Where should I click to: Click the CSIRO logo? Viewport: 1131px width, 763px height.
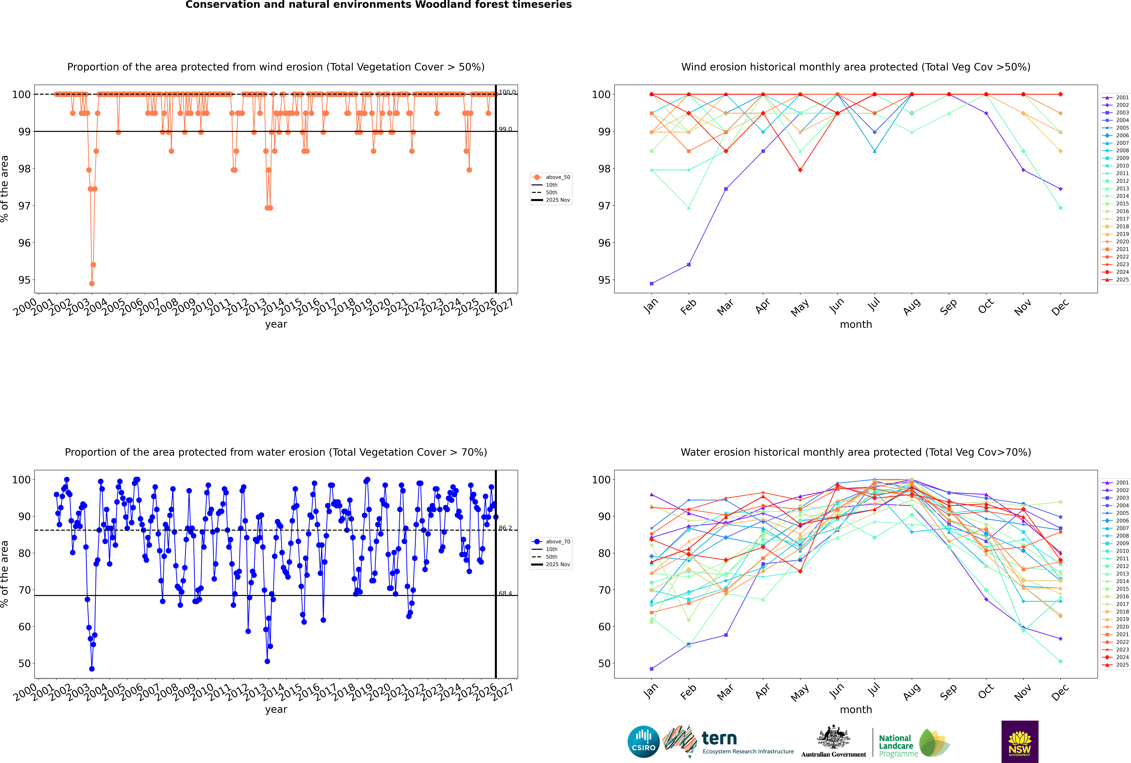coord(643,742)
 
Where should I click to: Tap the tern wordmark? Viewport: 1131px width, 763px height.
coord(719,739)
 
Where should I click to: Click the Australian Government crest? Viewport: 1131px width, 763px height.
coord(833,738)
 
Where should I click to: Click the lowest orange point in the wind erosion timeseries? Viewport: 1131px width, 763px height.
coord(92,284)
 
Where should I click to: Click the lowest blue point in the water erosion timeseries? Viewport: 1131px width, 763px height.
coord(92,669)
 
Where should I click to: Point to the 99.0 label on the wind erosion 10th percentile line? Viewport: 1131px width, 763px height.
coord(505,129)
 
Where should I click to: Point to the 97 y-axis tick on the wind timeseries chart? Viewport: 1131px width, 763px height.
coord(24,206)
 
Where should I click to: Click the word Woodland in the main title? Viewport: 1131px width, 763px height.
coord(446,5)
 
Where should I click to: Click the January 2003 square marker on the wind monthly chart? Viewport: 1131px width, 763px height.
coord(652,284)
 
